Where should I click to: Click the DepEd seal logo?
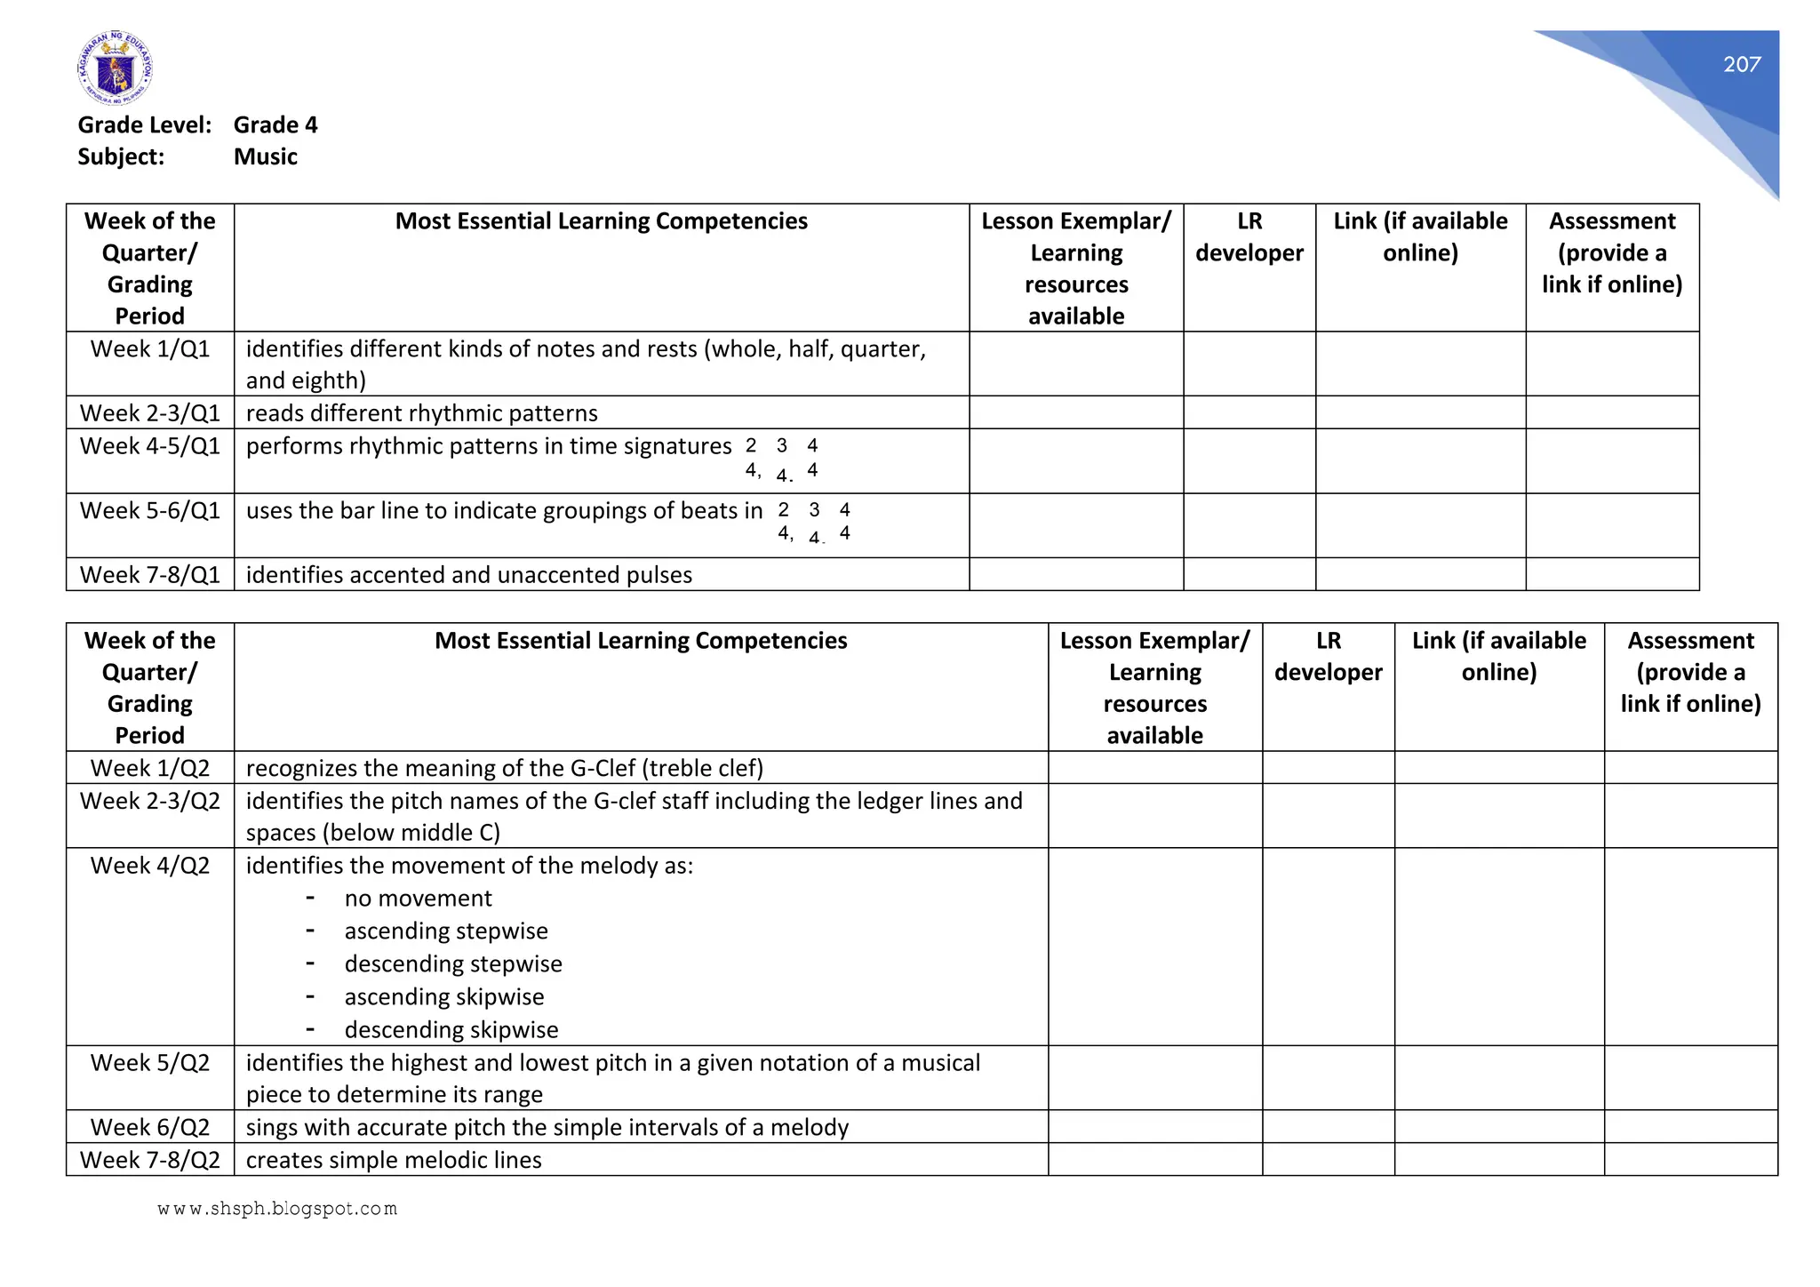pos(115,68)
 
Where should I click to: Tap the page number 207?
pos(1741,64)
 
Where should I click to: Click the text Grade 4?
pos(275,124)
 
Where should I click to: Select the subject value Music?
pos(265,156)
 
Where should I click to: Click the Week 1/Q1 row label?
pos(149,349)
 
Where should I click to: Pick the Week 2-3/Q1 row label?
pos(149,413)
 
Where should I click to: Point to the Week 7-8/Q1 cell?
pos(149,575)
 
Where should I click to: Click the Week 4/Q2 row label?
pos(149,866)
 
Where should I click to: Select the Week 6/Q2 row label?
pos(149,1127)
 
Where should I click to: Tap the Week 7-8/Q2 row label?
pos(149,1160)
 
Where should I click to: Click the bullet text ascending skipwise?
pos(443,997)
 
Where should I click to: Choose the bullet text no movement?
pos(418,899)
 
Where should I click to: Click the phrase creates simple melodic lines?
pos(393,1160)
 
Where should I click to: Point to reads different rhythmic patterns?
pos(421,413)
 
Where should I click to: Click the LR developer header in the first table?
pos(1249,237)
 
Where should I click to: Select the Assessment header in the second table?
pos(1689,672)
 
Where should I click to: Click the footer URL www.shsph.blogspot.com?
pos(276,1209)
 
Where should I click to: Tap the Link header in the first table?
pos(1419,237)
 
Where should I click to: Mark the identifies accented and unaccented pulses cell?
pos(468,575)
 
